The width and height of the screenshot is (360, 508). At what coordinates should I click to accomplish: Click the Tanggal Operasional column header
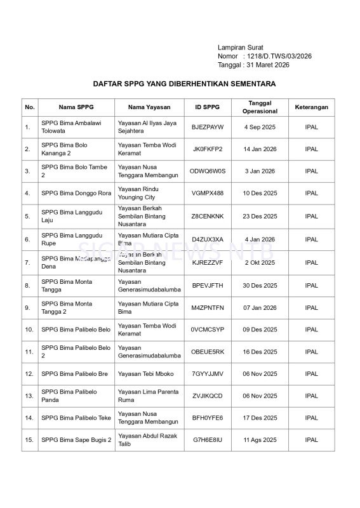click(x=260, y=107)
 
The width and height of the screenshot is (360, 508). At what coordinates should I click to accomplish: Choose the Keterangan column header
click(x=311, y=107)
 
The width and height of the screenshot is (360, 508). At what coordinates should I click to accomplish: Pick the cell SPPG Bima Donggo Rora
click(x=76, y=193)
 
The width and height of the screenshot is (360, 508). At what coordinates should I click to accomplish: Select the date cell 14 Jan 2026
click(x=260, y=149)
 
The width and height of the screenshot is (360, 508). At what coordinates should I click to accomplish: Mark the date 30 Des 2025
click(x=260, y=286)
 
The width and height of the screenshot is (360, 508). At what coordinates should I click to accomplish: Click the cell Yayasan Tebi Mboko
click(x=145, y=374)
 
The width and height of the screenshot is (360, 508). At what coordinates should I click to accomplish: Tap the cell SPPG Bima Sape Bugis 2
click(x=76, y=439)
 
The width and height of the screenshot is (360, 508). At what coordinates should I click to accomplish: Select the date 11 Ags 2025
click(x=260, y=439)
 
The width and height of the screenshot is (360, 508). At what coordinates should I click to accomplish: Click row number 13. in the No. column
click(x=29, y=396)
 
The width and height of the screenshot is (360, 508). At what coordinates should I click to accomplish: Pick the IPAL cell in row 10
click(x=311, y=330)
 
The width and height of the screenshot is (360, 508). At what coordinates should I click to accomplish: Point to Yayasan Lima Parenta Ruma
click(x=147, y=396)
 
